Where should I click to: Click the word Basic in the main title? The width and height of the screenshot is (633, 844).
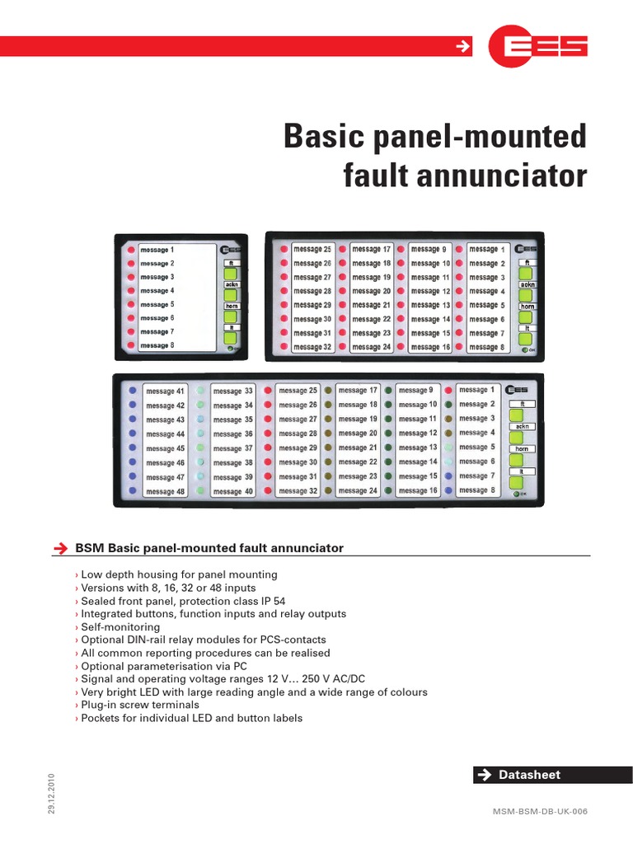tap(324, 137)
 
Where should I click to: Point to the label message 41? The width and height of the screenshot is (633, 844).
tap(166, 392)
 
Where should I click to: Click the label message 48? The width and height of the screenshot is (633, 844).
tap(166, 492)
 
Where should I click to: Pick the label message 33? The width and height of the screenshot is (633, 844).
tap(233, 391)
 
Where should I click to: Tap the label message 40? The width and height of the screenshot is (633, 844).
tap(233, 492)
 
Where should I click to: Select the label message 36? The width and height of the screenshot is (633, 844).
tap(233, 434)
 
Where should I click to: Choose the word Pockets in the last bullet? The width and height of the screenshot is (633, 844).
tap(101, 719)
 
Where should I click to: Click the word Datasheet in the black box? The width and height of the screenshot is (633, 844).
tap(530, 775)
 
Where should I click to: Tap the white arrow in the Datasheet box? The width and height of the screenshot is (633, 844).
tap(485, 775)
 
